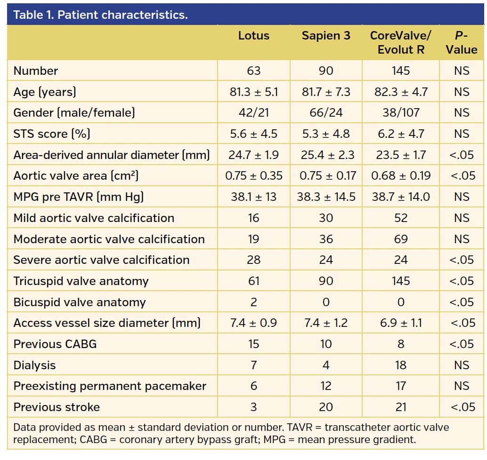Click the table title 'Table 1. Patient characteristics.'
[x=100, y=15]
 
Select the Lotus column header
[x=253, y=36]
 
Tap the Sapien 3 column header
[x=326, y=36]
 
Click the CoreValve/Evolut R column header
[x=401, y=43]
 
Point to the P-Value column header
[x=462, y=43]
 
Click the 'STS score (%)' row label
[x=52, y=134]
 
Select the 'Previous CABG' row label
[x=55, y=344]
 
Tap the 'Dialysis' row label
[x=34, y=365]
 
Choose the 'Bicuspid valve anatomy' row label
[x=80, y=302]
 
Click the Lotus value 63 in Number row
[x=253, y=71]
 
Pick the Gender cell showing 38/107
[x=401, y=113]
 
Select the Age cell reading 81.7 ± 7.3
[x=326, y=92]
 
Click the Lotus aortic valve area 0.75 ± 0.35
[x=253, y=176]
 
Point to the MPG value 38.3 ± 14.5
[x=326, y=197]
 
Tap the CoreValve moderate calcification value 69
[x=401, y=239]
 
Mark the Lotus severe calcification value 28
[x=253, y=260]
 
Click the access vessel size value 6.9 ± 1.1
[x=401, y=323]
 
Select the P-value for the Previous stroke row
[x=462, y=407]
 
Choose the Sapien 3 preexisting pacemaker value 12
[x=326, y=386]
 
